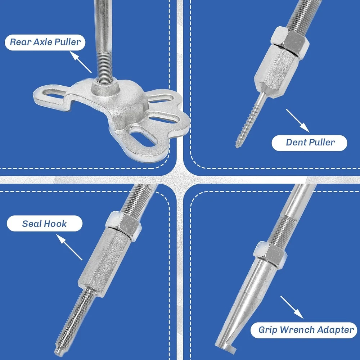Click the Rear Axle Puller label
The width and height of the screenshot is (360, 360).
tap(45, 42)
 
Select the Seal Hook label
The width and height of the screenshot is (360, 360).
tap(45, 224)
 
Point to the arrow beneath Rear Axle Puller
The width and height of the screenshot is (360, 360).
tap(80, 62)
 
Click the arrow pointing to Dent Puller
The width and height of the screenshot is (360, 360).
tap(298, 121)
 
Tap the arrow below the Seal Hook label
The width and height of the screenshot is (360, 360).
tap(69, 247)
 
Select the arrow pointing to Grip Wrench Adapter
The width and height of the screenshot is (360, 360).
tap(292, 307)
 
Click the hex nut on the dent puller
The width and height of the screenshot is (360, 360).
tap(290, 41)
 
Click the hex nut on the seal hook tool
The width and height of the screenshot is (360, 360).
tap(123, 226)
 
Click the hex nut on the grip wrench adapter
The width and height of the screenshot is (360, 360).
tap(270, 254)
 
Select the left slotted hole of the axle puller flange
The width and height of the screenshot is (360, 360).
tap(53, 94)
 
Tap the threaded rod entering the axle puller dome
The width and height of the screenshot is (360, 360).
tap(105, 67)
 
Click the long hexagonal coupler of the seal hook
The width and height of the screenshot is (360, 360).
tap(104, 262)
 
